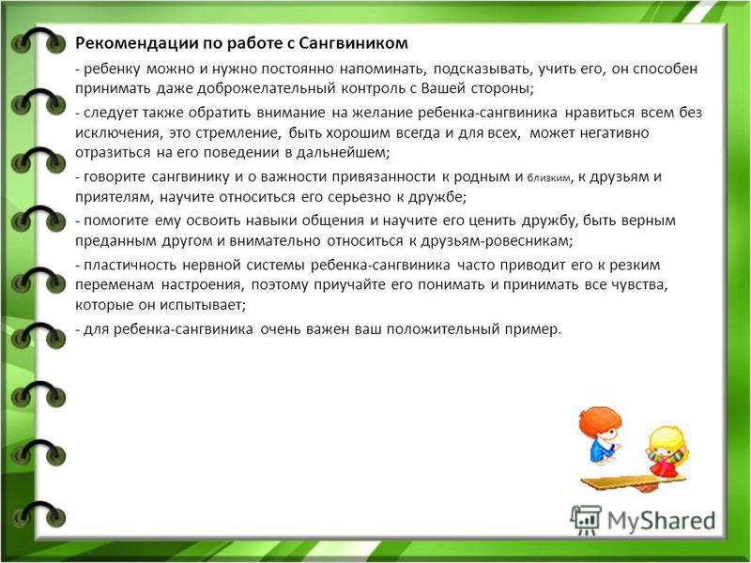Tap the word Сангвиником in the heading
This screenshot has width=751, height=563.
pyautogui.click(x=354, y=43)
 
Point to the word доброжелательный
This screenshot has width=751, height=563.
pyautogui.click(x=266, y=89)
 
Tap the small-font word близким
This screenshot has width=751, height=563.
pyautogui.click(x=549, y=178)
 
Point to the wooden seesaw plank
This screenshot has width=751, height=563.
pyautogui.click(x=633, y=481)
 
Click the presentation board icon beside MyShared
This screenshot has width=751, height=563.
pyautogui.click(x=586, y=520)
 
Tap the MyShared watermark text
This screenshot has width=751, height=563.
pyautogui.click(x=661, y=522)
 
